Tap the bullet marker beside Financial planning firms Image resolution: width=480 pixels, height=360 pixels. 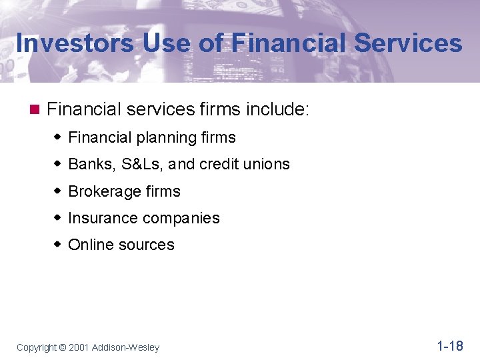coord(59,138)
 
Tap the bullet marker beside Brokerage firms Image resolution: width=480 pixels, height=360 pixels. coord(59,191)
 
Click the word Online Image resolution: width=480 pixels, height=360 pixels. coord(91,245)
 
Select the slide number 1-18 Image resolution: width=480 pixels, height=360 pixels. coord(449,345)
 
